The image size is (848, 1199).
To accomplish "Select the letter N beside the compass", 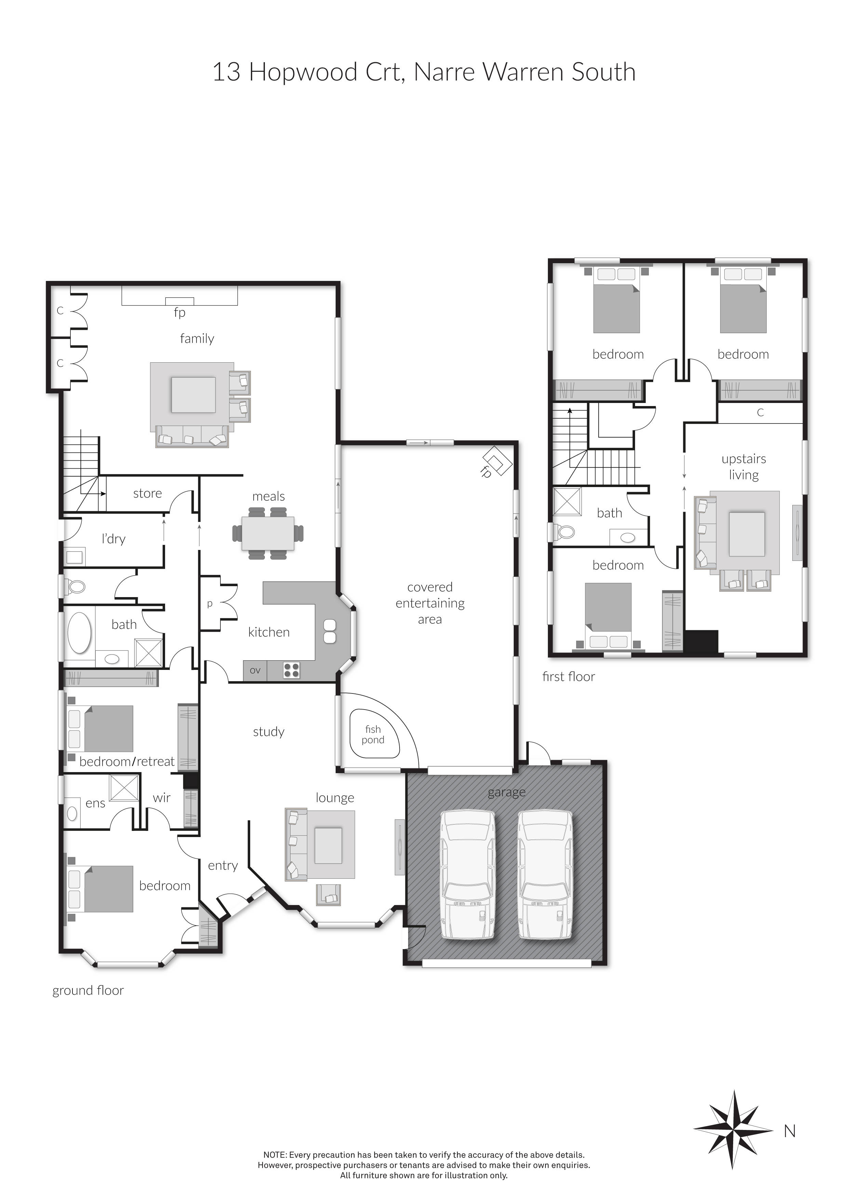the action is (x=790, y=1131).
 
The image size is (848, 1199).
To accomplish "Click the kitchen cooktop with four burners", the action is (x=291, y=670).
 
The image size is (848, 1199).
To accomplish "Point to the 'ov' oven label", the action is (x=255, y=670).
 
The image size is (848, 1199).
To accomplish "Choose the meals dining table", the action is (x=268, y=533).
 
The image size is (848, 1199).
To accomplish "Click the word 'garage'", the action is (x=507, y=792).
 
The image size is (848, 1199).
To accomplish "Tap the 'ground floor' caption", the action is (x=88, y=991).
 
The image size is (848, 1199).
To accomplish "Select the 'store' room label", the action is (x=147, y=493).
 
